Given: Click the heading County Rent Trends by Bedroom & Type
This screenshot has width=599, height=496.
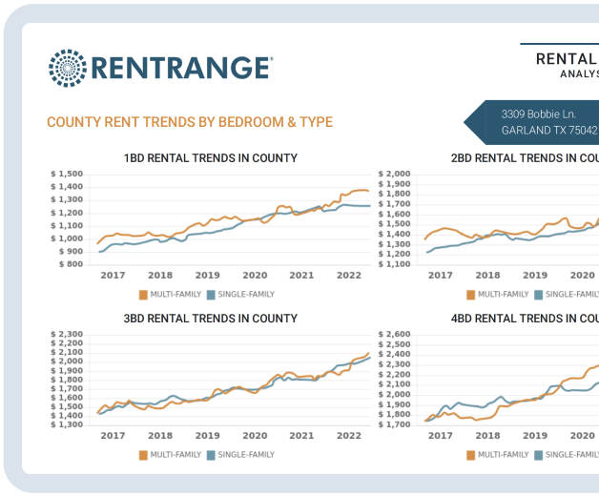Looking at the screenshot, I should click(x=189, y=122).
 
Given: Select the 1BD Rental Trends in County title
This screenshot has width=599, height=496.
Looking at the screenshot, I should click(x=210, y=158).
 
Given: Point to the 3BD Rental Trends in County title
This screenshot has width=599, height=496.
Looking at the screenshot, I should click(x=210, y=319).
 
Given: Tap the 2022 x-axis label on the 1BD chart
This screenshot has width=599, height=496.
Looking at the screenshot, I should click(x=348, y=276).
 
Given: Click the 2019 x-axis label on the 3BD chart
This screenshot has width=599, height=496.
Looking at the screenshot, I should click(x=208, y=436).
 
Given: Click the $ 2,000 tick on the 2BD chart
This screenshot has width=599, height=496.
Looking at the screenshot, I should click(x=394, y=175).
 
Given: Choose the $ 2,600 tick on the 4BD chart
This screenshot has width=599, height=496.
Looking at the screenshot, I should click(x=394, y=335).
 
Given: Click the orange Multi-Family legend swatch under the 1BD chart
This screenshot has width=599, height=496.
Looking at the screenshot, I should click(x=143, y=295).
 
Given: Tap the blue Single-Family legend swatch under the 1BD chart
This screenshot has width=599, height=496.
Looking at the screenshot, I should click(x=211, y=295).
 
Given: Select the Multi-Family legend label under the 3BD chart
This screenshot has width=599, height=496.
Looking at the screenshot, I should click(x=175, y=455).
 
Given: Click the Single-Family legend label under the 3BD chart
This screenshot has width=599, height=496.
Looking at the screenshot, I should click(x=246, y=455).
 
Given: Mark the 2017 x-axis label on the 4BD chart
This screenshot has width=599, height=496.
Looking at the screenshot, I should click(x=440, y=436).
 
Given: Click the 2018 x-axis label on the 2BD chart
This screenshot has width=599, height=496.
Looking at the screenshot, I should click(x=488, y=276).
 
